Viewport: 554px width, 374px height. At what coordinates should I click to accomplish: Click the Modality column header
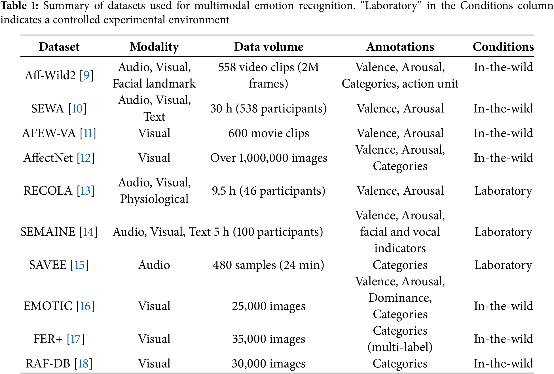tap(154, 47)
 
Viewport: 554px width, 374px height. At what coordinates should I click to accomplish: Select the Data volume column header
tap(268, 47)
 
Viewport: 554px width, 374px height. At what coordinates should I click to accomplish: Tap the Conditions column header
tap(503, 47)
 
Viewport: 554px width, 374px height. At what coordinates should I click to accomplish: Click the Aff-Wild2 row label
tap(50, 75)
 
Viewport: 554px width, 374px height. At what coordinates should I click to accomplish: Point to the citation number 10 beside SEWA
tap(77, 109)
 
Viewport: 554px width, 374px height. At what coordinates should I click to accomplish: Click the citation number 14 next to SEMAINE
tap(88, 232)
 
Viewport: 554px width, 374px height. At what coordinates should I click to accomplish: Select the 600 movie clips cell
tap(268, 133)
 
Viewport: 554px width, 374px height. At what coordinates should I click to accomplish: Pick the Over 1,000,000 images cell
tap(268, 158)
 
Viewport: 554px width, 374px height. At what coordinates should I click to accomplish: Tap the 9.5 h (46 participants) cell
tap(268, 191)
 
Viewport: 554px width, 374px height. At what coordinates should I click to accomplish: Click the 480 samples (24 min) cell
tap(268, 265)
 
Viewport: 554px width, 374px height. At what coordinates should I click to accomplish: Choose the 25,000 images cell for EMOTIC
tap(268, 306)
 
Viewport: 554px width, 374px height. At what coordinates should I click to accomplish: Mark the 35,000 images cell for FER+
tap(268, 339)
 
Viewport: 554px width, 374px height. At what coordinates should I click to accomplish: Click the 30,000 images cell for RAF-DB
tap(268, 364)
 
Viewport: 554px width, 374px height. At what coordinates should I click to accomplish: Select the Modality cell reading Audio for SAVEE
tap(154, 265)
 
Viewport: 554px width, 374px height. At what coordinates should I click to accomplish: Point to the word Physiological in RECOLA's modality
tap(154, 199)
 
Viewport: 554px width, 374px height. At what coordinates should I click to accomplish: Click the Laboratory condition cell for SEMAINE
tap(503, 232)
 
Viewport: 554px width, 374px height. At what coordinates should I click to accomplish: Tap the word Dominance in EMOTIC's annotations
tap(400, 298)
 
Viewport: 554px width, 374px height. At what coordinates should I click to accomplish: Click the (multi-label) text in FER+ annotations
tap(400, 347)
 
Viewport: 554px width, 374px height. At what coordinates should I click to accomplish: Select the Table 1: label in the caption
tap(19, 6)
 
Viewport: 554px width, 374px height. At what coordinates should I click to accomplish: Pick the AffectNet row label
tap(48, 158)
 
